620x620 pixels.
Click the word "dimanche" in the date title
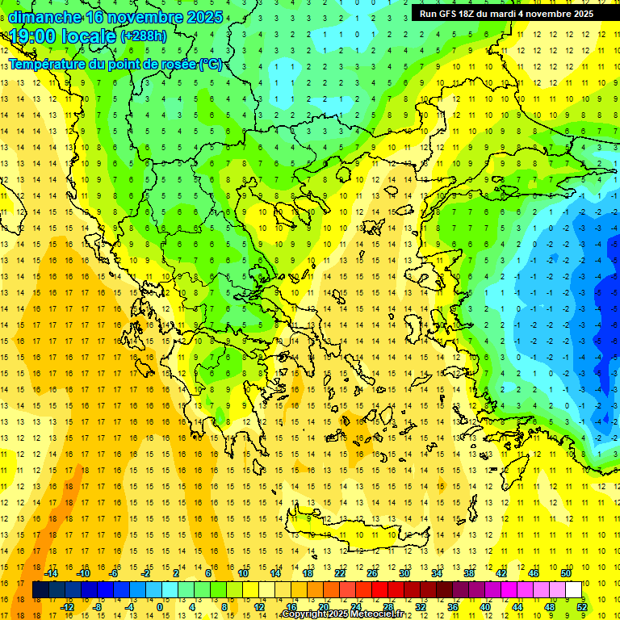44,17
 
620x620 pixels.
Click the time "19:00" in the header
32,36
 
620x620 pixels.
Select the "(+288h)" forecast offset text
144,36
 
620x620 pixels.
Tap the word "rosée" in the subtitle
173,65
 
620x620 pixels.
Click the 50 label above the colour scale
566,573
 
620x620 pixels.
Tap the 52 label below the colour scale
582,606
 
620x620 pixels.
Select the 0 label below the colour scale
160,606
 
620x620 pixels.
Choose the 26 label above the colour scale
372,573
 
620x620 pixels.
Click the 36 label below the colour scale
453,606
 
